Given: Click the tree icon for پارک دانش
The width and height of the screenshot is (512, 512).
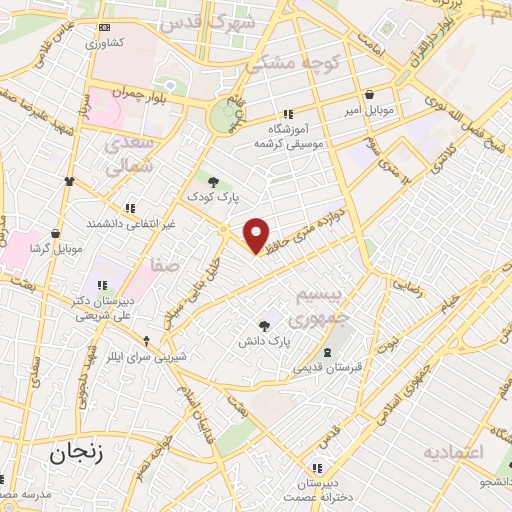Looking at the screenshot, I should [264, 325].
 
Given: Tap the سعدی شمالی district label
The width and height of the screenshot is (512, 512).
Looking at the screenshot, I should [127, 156].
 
